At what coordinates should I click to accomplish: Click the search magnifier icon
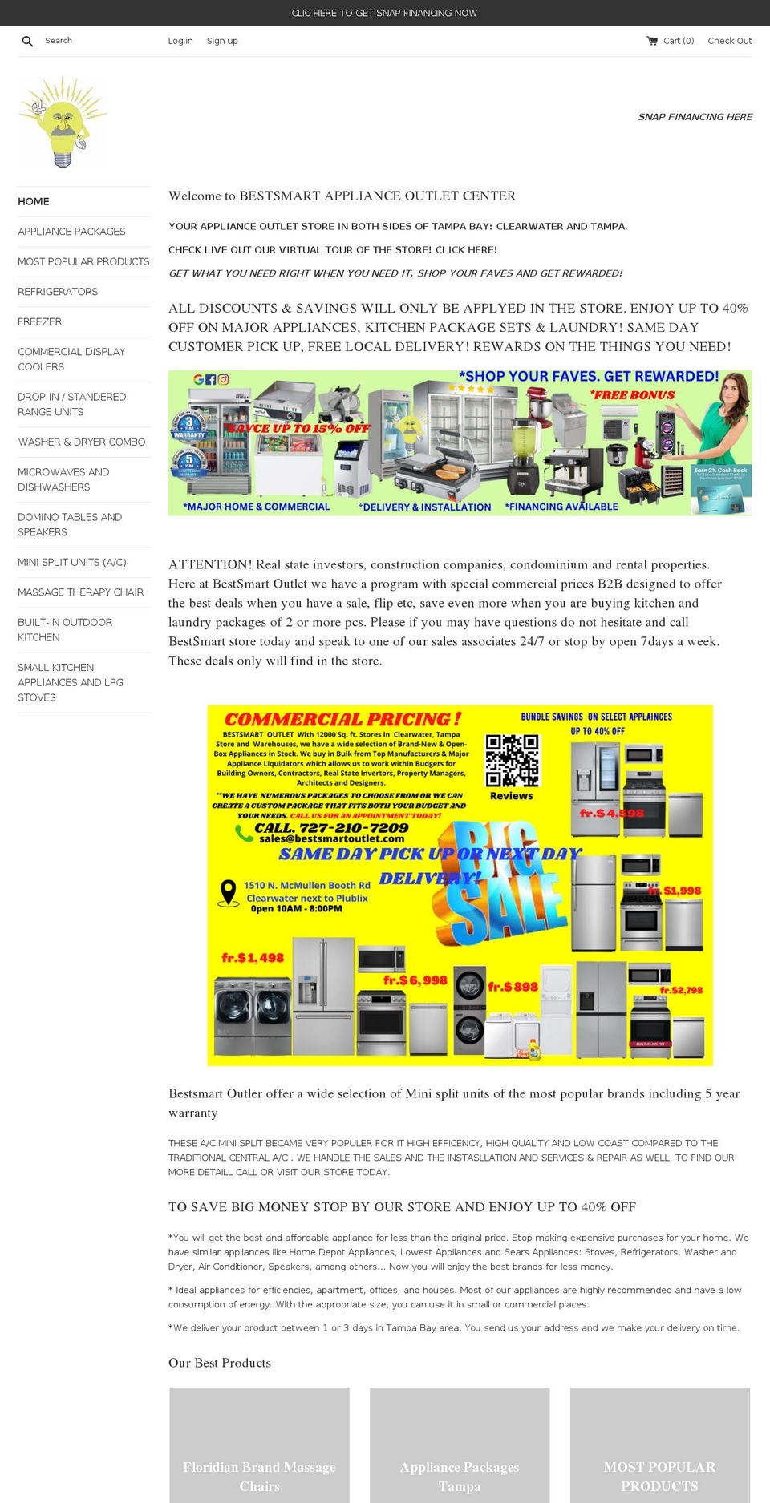[x=27, y=41]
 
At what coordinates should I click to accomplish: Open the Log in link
[x=180, y=41]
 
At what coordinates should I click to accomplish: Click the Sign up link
[x=222, y=41]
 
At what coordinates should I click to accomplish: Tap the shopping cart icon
[x=652, y=41]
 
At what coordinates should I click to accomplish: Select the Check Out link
[x=730, y=41]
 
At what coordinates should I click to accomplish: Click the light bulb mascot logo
[x=63, y=122]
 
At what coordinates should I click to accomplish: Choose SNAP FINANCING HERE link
[x=695, y=117]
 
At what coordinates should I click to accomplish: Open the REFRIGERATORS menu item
[x=58, y=292]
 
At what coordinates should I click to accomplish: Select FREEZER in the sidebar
[x=40, y=321]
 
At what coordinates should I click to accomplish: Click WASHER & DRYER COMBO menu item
[x=82, y=442]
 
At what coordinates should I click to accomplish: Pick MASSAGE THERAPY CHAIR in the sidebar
[x=81, y=592]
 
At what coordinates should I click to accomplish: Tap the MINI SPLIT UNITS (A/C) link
[x=72, y=562]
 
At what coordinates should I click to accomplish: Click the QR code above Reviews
[x=512, y=761]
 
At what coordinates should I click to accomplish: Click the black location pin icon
[x=229, y=892]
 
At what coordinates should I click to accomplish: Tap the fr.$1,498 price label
[x=253, y=957]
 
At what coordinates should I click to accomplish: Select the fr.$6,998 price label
[x=415, y=980]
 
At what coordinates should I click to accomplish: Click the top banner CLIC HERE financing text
[x=384, y=13]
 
